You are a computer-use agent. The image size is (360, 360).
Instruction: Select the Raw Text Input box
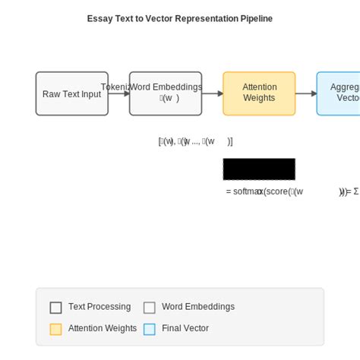72,93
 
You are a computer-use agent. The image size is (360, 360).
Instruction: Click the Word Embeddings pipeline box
166,93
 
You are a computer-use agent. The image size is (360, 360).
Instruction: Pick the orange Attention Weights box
259,93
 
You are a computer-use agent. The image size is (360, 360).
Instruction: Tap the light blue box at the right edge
339,93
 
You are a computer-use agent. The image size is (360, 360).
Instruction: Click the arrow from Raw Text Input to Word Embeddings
118,93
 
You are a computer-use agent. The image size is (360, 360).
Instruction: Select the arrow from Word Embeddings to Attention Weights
213,93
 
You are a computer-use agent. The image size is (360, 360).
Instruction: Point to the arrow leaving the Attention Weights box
306,93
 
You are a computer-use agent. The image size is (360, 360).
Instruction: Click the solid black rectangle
259,169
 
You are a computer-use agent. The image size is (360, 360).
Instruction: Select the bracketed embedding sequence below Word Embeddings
195,141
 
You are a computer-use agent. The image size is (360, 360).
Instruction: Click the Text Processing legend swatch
55,308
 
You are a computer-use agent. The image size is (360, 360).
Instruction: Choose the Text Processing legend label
99,307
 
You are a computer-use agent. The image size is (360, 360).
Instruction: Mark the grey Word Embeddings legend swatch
150,308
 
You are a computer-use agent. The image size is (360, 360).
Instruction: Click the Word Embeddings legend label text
198,307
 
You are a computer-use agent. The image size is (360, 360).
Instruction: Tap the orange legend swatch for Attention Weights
55,329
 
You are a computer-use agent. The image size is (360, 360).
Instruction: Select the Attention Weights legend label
103,329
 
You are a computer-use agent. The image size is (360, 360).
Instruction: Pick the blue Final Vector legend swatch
150,329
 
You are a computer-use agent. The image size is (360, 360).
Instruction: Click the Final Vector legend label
185,329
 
